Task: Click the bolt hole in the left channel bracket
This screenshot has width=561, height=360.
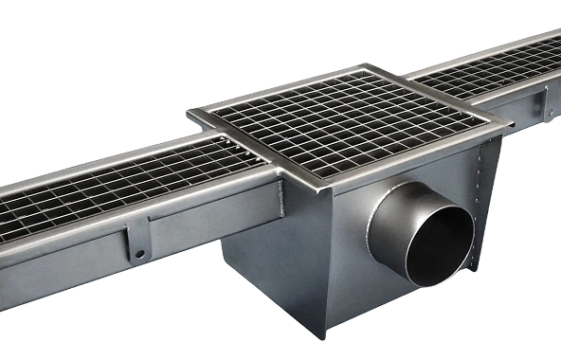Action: [139, 255]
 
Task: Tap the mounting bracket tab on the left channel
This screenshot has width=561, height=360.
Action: [138, 243]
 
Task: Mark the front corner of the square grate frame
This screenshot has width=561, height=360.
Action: [323, 181]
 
